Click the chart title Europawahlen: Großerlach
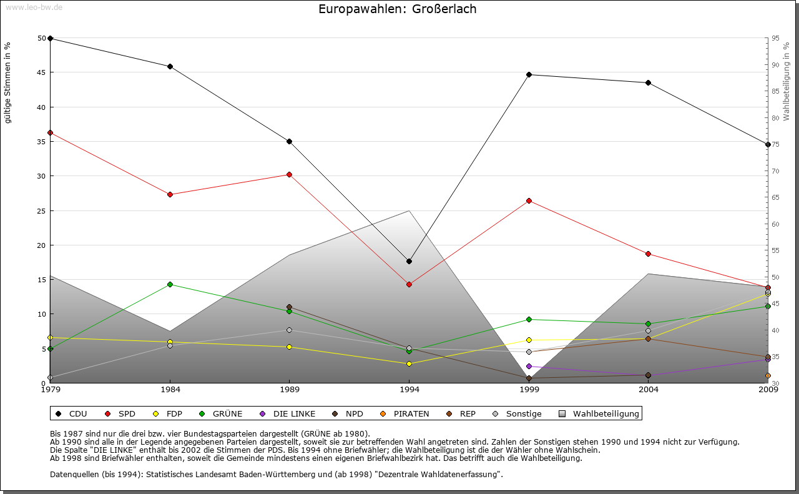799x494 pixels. click(x=397, y=9)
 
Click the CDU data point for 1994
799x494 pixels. click(x=409, y=261)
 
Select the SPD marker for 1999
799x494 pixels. click(x=529, y=200)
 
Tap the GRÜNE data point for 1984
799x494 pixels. click(x=170, y=284)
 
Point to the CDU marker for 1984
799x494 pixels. click(x=170, y=66)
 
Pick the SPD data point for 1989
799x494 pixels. click(x=290, y=174)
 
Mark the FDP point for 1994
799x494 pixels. click(x=409, y=363)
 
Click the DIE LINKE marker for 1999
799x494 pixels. click(x=529, y=367)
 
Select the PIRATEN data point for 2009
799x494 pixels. click(x=768, y=376)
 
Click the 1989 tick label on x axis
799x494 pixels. click(x=290, y=390)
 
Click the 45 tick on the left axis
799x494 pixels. click(x=42, y=72)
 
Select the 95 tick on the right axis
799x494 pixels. click(x=775, y=38)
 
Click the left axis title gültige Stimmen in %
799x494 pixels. click(x=7, y=83)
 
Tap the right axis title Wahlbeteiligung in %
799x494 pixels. click(x=787, y=82)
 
